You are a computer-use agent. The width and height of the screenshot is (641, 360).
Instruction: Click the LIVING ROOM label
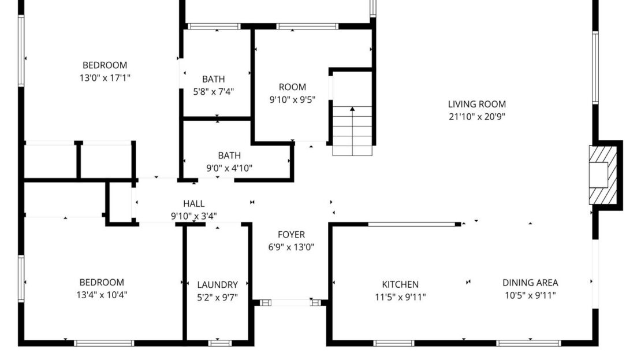click(x=476, y=104)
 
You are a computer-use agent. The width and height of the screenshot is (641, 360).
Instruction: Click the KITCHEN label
click(x=400, y=284)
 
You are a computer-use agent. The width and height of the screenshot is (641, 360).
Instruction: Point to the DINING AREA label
click(x=530, y=283)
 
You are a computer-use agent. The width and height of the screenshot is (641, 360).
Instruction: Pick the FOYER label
click(x=291, y=235)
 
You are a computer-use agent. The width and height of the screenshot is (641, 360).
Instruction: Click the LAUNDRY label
click(x=217, y=284)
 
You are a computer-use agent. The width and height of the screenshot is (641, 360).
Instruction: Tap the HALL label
click(x=193, y=203)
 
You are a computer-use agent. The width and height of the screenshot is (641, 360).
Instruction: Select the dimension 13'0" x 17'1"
click(x=105, y=77)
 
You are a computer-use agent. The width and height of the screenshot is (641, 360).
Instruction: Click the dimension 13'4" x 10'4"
click(x=102, y=295)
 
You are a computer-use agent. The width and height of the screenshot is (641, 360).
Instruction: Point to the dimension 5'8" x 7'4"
click(x=213, y=91)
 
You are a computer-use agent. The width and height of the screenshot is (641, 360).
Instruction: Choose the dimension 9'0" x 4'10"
click(x=229, y=168)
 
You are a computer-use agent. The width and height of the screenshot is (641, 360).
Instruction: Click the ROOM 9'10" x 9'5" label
click(x=292, y=87)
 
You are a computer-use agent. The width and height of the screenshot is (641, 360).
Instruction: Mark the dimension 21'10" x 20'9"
click(x=476, y=116)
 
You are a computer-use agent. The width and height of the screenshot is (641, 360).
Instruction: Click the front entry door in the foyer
click(x=290, y=302)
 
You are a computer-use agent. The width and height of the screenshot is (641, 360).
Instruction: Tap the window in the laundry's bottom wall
click(x=219, y=343)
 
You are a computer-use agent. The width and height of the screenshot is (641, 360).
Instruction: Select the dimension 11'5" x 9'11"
click(x=400, y=297)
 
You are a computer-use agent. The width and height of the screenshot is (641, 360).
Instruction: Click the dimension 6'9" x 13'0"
click(x=291, y=247)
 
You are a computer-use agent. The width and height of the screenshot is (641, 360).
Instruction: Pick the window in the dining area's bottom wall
click(x=528, y=343)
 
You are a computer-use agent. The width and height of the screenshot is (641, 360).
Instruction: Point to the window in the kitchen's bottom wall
click(x=394, y=343)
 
